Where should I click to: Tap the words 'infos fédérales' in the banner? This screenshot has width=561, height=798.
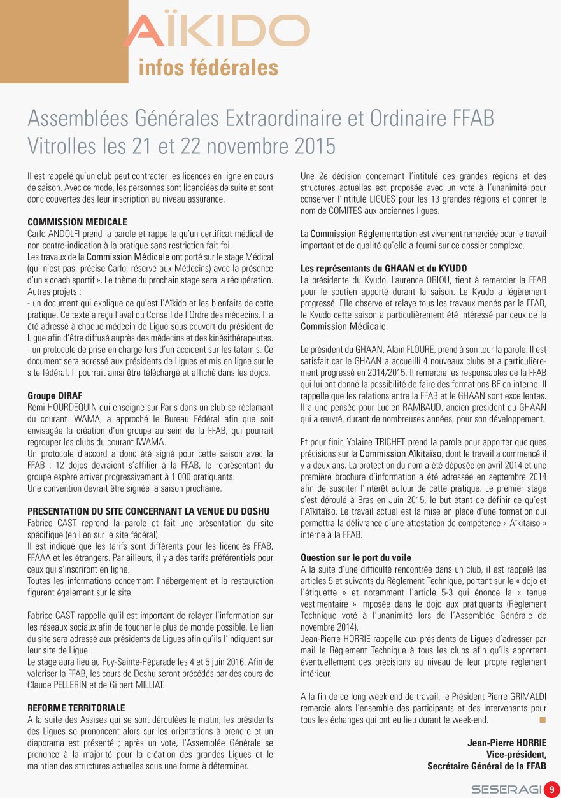tap(208, 68)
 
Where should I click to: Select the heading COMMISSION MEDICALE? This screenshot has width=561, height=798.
tap(77, 222)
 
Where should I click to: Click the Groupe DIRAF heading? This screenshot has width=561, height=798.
tap(55, 395)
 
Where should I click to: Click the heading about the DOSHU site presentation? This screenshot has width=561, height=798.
tap(148, 511)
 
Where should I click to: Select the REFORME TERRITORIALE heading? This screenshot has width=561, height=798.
tap(76, 708)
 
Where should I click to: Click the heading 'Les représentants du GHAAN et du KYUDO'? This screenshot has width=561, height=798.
tap(383, 268)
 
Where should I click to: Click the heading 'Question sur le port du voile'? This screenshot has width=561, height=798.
tap(356, 557)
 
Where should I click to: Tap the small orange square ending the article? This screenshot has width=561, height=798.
tap(543, 720)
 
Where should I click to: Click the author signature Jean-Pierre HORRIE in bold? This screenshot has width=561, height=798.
tap(507, 743)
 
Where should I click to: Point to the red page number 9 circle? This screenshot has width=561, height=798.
tap(551, 789)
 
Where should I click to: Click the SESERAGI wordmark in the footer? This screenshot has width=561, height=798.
tap(507, 789)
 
